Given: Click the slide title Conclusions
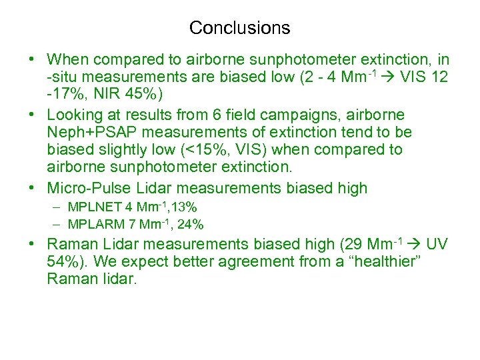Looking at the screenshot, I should click(x=239, y=28).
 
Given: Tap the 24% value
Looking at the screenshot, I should click(x=190, y=223).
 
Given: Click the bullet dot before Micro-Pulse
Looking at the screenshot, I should click(x=32, y=189).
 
